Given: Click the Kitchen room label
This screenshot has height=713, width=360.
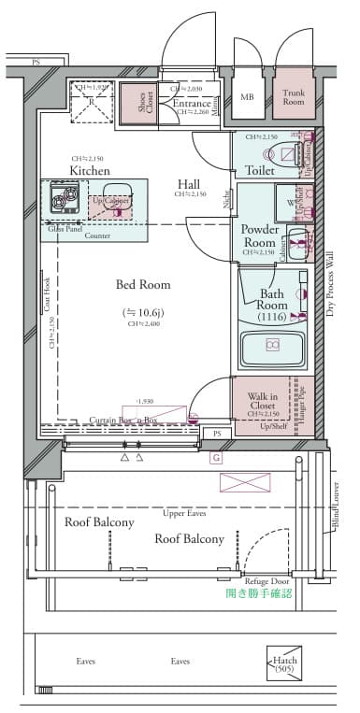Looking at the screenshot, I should tap(90, 171).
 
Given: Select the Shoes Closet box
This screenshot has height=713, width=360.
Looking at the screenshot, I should tap(137, 103).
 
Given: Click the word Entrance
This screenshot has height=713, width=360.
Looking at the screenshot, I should tap(192, 103).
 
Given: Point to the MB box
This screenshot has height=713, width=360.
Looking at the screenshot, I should tap(247, 97).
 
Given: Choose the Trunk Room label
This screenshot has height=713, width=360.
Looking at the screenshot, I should tap(294, 97).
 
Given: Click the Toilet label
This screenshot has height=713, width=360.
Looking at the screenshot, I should tap(259, 170).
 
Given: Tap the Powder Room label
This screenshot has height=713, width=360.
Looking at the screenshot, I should tap(258, 235).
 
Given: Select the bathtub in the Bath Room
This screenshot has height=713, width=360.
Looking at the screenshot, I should tap(272, 347).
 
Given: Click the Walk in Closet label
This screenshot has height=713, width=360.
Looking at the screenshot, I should tap(261, 402).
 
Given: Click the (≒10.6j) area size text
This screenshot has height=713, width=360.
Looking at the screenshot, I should tap(142, 311).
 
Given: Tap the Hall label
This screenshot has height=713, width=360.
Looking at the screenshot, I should tap(190, 183).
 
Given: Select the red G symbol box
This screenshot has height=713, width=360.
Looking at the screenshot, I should tap(217, 457).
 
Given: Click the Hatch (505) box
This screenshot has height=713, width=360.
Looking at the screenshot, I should tap(284, 663).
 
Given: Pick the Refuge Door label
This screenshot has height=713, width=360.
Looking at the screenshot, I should tap(269, 580).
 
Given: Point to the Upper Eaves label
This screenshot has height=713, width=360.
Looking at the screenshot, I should tap(184, 514).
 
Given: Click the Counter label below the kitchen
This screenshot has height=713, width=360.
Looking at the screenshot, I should tap(97, 235).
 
